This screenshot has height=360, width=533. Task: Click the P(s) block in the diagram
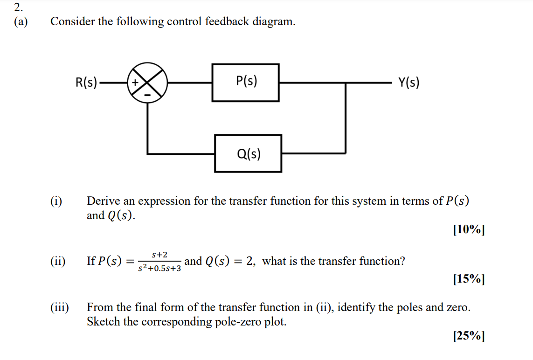click(246, 83)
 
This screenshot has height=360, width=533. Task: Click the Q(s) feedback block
click(248, 153)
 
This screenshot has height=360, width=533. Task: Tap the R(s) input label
click(86, 83)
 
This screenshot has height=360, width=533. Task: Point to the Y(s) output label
click(408, 83)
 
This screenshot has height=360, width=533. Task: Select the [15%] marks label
click(469, 279)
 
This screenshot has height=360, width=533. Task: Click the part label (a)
click(20, 22)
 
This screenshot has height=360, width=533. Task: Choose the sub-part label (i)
click(56, 201)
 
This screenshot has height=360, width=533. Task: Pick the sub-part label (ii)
click(58, 261)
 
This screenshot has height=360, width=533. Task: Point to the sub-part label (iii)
click(60, 308)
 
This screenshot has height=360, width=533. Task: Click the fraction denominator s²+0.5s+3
click(159, 269)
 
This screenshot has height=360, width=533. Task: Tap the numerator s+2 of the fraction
click(159, 255)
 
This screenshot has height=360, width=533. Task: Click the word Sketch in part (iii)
click(102, 322)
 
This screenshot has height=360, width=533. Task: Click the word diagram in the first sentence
click(273, 22)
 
